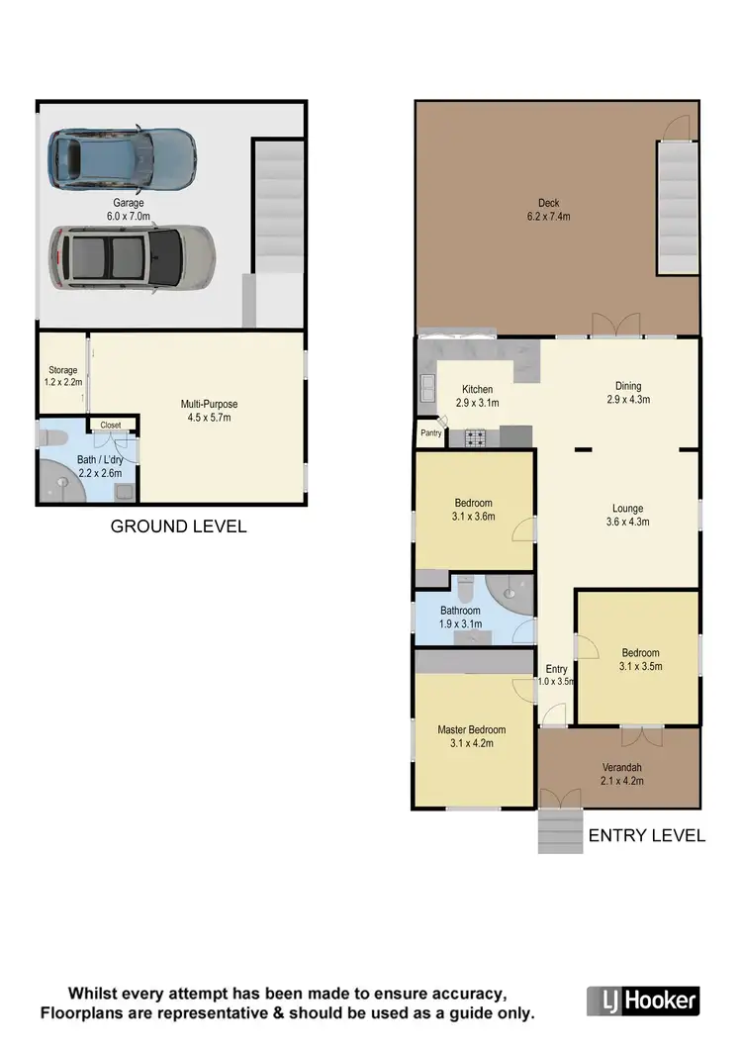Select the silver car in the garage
pyautogui.click(x=133, y=256)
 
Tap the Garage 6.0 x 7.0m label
pyautogui.click(x=129, y=209)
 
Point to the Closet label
pyautogui.click(x=110, y=426)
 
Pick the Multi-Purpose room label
pyautogui.click(x=209, y=410)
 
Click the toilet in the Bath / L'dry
pyautogui.click(x=50, y=436)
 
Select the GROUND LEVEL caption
pyautogui.click(x=178, y=526)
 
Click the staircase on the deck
pyautogui.click(x=679, y=208)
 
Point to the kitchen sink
pyautogui.click(x=427, y=389)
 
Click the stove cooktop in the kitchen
pyautogui.click(x=475, y=435)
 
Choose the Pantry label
pyautogui.click(x=430, y=432)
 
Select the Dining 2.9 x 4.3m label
pyautogui.click(x=627, y=393)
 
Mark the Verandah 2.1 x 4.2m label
pyautogui.click(x=622, y=774)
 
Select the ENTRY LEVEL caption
pyautogui.click(x=647, y=836)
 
